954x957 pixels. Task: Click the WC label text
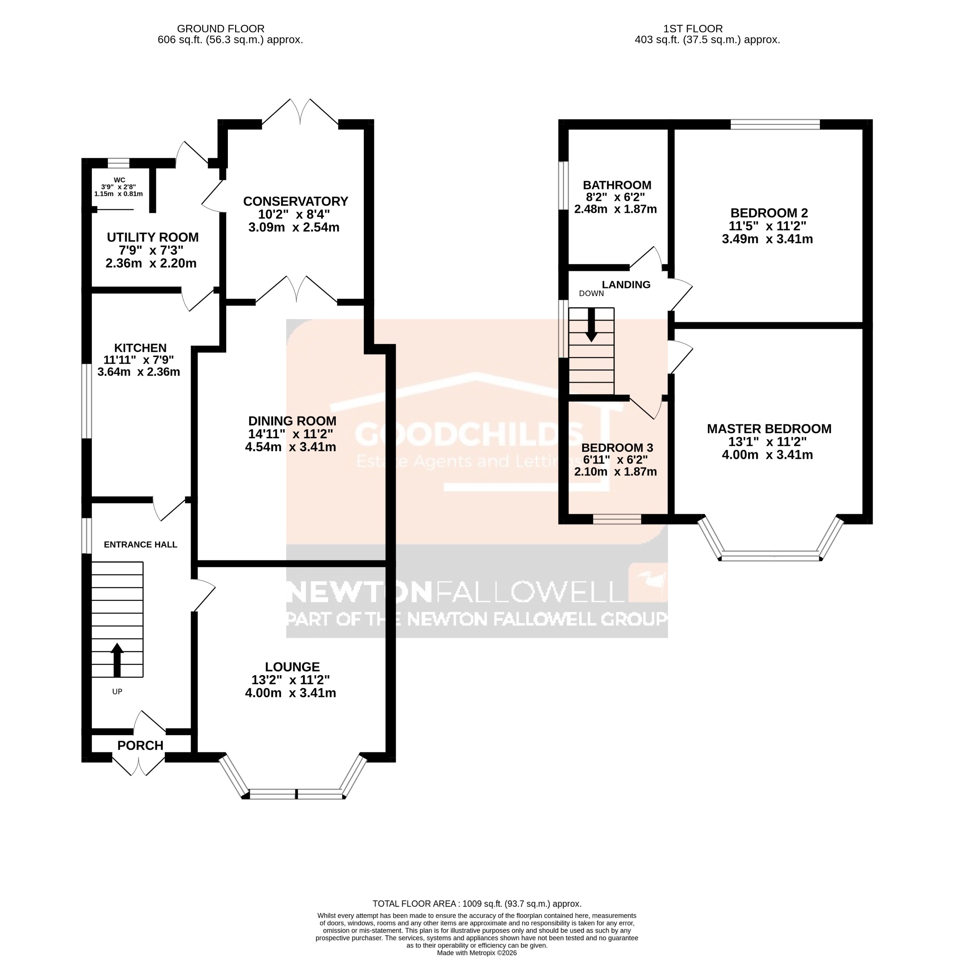pyautogui.click(x=119, y=180)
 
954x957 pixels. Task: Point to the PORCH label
pyautogui.click(x=140, y=745)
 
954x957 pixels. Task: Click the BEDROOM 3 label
pyautogui.click(x=617, y=448)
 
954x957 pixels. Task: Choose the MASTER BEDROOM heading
pyautogui.click(x=769, y=429)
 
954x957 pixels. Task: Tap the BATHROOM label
pyautogui.click(x=617, y=185)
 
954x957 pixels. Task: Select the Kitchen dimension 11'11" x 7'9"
pyautogui.click(x=139, y=360)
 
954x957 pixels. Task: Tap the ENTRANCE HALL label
pyautogui.click(x=140, y=544)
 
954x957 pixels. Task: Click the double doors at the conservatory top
pyautogui.click(x=300, y=113)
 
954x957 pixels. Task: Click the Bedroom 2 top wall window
pyautogui.click(x=775, y=124)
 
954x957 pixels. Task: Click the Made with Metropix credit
pyautogui.click(x=477, y=952)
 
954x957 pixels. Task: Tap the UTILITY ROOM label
pyautogui.click(x=153, y=237)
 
